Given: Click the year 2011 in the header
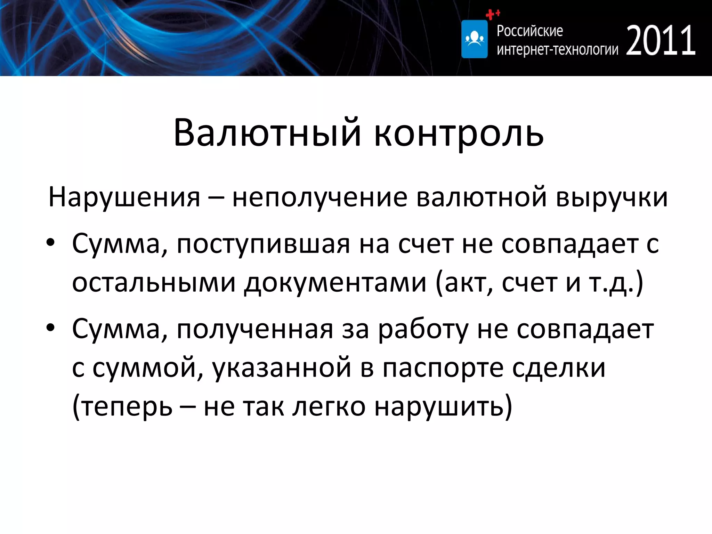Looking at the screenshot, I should (x=661, y=41).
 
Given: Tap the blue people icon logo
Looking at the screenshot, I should (x=474, y=39).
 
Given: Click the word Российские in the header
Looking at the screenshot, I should (x=529, y=31).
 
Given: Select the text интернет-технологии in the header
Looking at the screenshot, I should (x=557, y=50).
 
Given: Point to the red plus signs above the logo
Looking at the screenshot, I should (x=493, y=14).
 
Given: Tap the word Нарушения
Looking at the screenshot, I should (x=124, y=197).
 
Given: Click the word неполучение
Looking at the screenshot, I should (x=319, y=197).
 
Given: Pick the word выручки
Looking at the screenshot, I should (x=612, y=197).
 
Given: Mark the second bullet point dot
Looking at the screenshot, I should (x=51, y=328).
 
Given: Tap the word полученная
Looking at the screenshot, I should (x=255, y=330).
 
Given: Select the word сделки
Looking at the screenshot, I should (x=559, y=368).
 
